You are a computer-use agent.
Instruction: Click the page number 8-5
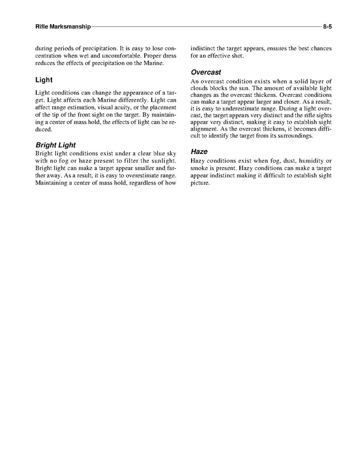(x=327, y=26)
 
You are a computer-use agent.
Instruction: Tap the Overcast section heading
(x=206, y=73)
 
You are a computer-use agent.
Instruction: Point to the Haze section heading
(x=199, y=152)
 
